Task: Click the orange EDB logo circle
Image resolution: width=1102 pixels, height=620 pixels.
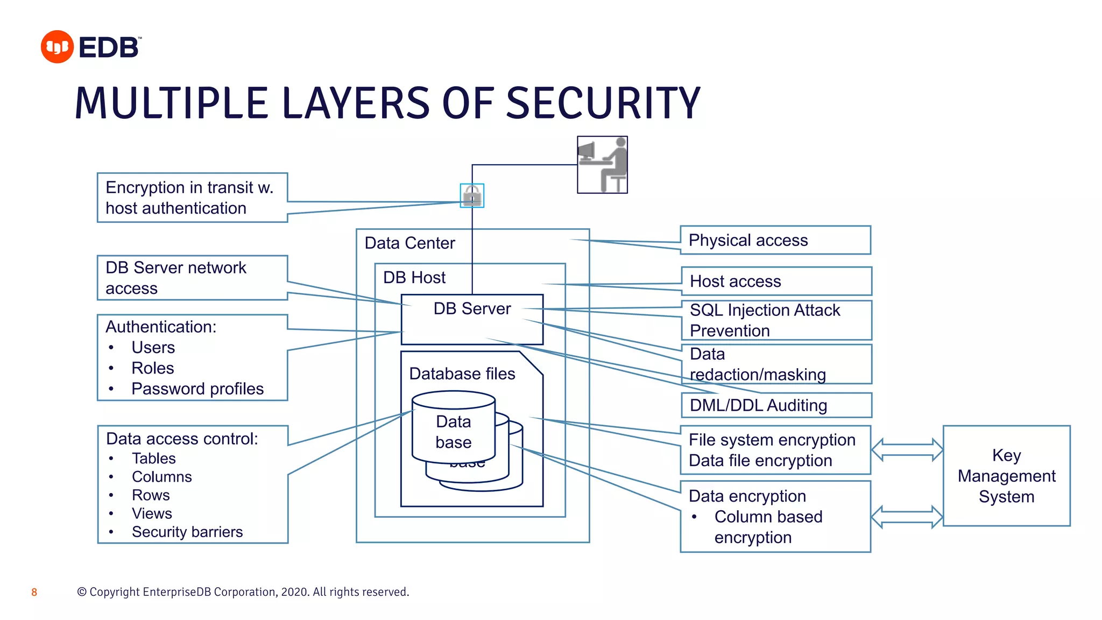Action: tap(57, 47)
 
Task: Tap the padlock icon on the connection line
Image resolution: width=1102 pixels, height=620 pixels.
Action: tap(472, 195)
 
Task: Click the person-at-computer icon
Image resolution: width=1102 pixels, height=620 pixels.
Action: tap(602, 165)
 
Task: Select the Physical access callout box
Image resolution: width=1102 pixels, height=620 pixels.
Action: tap(775, 240)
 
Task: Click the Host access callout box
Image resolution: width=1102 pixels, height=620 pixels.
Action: tap(776, 281)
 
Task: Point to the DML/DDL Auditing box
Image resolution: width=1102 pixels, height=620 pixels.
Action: tap(776, 405)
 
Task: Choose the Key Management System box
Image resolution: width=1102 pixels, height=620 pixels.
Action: tap(1006, 476)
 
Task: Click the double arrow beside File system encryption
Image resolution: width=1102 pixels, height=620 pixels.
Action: tap(907, 450)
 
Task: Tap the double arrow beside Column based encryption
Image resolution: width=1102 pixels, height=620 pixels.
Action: tap(907, 517)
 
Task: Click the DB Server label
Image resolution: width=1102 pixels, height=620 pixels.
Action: tap(472, 308)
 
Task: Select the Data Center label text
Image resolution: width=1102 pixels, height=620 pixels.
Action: tap(409, 243)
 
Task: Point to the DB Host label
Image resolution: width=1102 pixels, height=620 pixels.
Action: tap(414, 277)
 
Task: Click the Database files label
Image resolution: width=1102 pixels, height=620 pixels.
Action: tap(462, 374)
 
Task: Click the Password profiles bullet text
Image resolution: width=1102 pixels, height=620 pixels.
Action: tap(197, 389)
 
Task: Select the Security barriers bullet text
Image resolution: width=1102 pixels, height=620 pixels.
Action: tap(187, 532)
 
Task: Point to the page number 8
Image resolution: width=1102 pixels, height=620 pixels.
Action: tap(34, 592)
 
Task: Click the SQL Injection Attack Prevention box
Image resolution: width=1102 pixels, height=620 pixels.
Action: tap(776, 320)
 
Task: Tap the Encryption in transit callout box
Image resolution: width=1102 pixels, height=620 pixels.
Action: tap(192, 198)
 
